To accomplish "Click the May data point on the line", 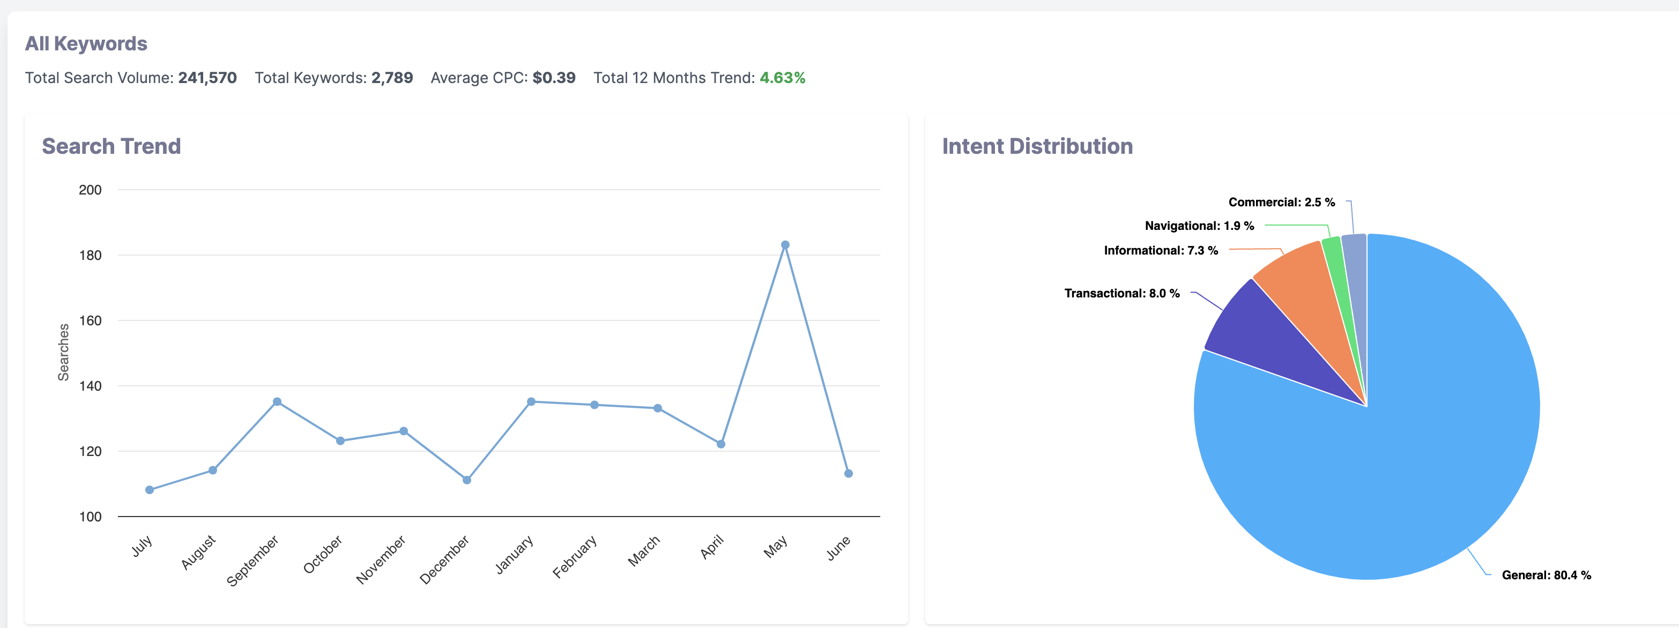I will [785, 245].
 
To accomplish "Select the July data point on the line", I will [149, 490].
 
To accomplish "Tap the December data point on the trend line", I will [467, 480].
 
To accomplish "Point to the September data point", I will [277, 402].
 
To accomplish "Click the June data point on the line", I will [848, 474].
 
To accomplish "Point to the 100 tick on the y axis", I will [90, 517].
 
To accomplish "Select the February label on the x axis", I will [575, 556].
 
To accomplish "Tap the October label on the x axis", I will [323, 555].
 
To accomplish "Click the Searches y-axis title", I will [63, 352].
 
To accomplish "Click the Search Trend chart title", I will [112, 146].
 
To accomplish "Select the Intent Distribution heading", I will [1037, 146].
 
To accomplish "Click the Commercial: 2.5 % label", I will [1281, 203].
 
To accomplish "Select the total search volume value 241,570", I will [207, 78].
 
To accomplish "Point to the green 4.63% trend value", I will [782, 78].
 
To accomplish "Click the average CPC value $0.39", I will [553, 78].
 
